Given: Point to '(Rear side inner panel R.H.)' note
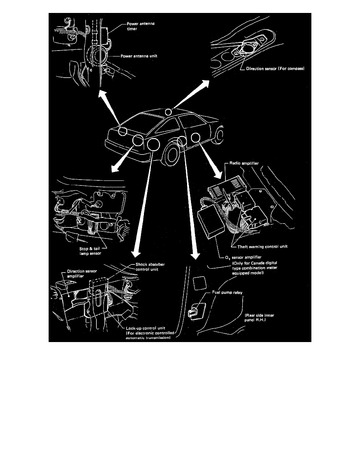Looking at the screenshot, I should pos(258,317).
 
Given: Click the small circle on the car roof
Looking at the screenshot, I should pos(169,112).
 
